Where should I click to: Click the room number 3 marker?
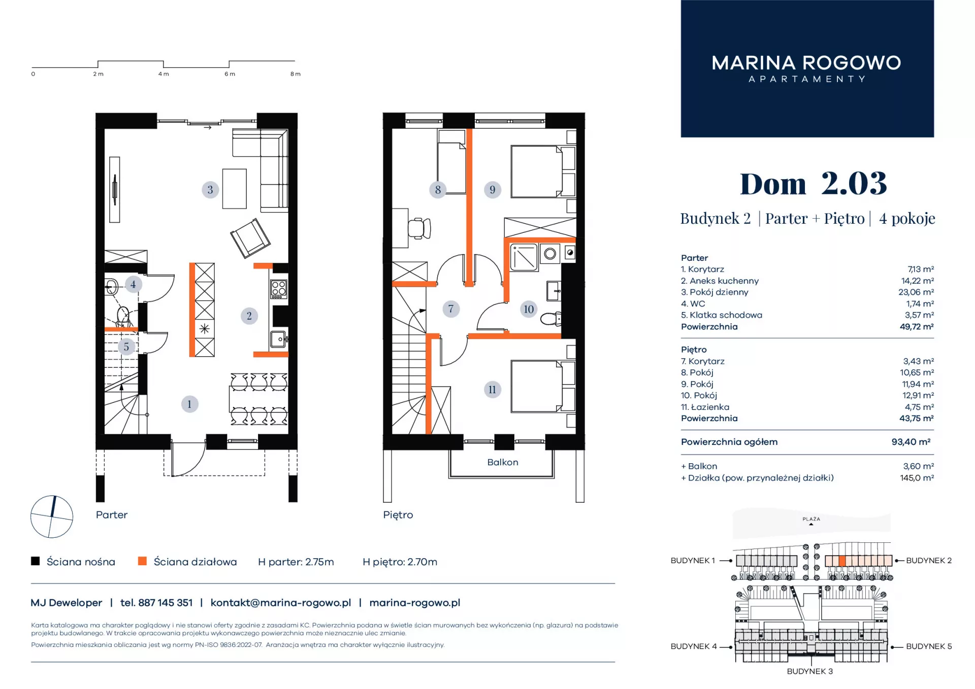210,190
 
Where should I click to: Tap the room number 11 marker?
492,390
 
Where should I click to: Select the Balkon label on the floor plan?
503,462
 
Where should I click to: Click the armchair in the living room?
250,237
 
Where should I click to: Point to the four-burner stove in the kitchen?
279,289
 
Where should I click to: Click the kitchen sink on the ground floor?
278,339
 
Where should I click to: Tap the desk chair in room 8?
419,228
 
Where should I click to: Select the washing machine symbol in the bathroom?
550,254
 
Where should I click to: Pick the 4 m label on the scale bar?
164,74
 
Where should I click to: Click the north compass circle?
52,516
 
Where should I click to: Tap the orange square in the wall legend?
142,561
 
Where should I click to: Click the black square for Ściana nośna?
35,561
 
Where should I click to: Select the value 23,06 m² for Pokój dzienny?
916,292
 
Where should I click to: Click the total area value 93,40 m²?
911,442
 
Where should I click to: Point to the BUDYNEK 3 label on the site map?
810,671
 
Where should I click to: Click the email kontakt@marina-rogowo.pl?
281,603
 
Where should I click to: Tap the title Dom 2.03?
814,183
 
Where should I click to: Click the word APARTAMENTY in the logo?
807,79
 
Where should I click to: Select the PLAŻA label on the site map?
811,519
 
